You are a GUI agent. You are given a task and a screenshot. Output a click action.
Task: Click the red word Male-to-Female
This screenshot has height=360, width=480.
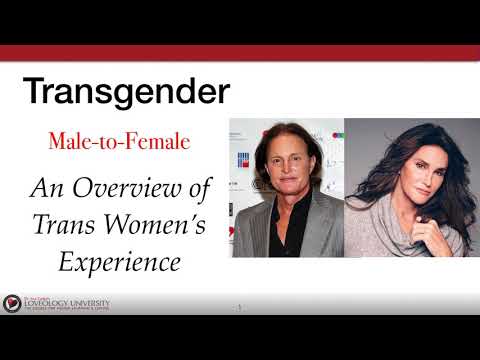[x=119, y=140]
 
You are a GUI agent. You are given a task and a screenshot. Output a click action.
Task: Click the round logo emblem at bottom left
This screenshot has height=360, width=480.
[x=12, y=303]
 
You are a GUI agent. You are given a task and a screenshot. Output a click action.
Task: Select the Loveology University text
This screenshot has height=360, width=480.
[x=68, y=301]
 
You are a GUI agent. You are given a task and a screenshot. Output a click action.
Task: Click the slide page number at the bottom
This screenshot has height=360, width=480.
[x=240, y=306]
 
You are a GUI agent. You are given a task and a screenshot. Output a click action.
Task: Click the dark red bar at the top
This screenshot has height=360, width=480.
[x=240, y=53]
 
